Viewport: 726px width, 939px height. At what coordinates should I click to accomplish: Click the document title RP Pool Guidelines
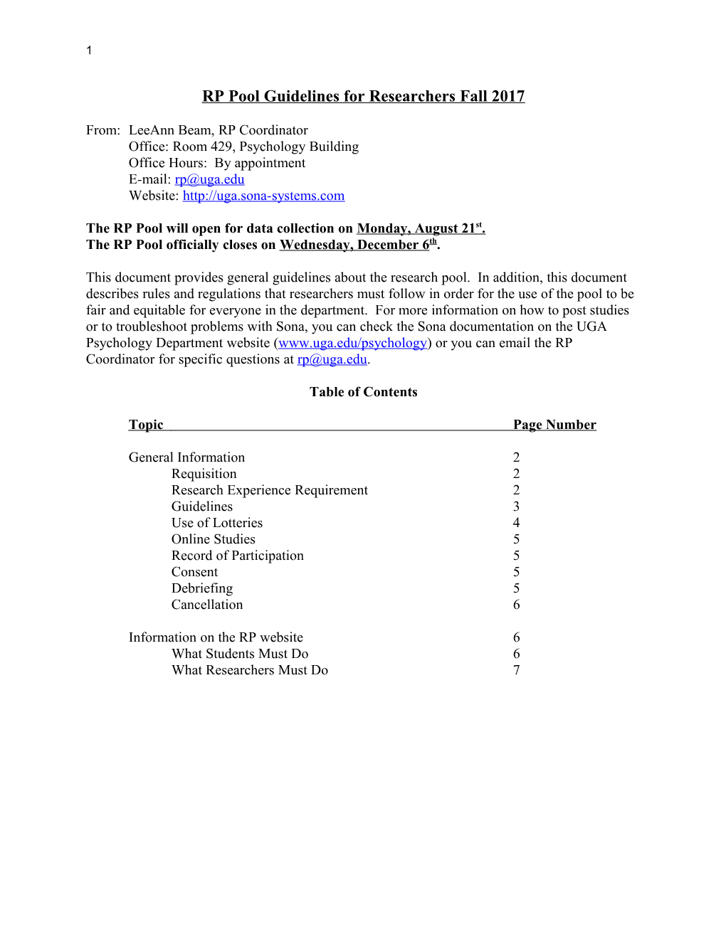click(363, 96)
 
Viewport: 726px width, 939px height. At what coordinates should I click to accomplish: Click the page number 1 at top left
click(89, 50)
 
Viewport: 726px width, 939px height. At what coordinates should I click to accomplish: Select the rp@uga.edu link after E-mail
click(209, 179)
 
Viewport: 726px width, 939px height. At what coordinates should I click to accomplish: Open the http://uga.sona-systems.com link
click(263, 196)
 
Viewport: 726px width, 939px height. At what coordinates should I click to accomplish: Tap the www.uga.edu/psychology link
click(352, 343)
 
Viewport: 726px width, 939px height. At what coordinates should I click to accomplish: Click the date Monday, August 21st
click(420, 228)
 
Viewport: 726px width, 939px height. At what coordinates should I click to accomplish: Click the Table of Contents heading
click(363, 392)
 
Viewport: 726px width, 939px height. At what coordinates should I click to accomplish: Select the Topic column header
click(146, 425)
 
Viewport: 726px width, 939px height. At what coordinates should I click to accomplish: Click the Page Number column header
click(554, 425)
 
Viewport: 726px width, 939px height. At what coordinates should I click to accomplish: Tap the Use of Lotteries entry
click(217, 523)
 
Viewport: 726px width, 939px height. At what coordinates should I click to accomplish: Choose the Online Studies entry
click(213, 539)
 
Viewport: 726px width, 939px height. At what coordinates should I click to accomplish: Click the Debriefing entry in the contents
click(202, 588)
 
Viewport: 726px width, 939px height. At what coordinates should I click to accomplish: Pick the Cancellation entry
click(207, 605)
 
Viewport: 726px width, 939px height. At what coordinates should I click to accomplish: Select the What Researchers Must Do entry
click(250, 670)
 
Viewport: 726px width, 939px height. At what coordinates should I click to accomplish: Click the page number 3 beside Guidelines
click(516, 506)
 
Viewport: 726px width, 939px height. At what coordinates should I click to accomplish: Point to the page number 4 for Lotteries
click(516, 523)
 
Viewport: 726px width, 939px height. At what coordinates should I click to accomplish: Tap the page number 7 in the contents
click(516, 670)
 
